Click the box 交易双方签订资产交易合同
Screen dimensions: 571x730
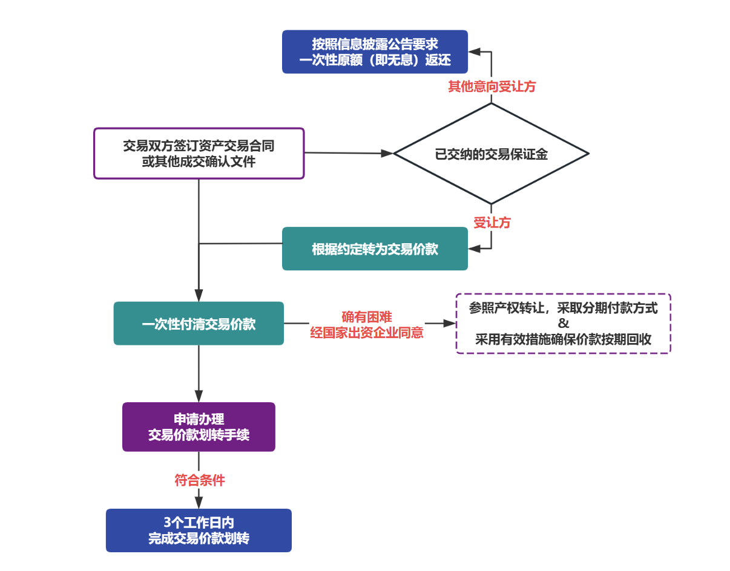pyautogui.click(x=199, y=153)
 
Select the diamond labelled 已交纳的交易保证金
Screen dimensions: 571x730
pyautogui.click(x=491, y=154)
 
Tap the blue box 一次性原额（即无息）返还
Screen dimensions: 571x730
pyautogui.click(x=375, y=52)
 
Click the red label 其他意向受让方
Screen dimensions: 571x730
pyautogui.click(x=492, y=86)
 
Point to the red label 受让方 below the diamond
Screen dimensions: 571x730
pyautogui.click(x=492, y=223)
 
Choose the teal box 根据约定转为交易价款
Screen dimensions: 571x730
pyautogui.click(x=375, y=249)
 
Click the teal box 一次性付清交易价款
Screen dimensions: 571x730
pyautogui.click(x=199, y=324)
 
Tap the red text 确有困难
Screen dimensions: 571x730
pyautogui.click(x=366, y=316)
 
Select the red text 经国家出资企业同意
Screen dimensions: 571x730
pyautogui.click(x=366, y=332)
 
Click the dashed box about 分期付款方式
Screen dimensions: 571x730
pyautogui.click(x=563, y=324)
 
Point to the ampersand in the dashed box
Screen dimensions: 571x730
pyautogui.click(x=563, y=324)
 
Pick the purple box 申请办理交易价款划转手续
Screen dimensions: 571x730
pyautogui.click(x=199, y=427)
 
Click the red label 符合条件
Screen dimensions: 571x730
pyautogui.click(x=199, y=481)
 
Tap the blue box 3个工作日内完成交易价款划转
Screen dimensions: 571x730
pyautogui.click(x=199, y=530)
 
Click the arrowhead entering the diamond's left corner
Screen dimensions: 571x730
pyautogui.click(x=388, y=154)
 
